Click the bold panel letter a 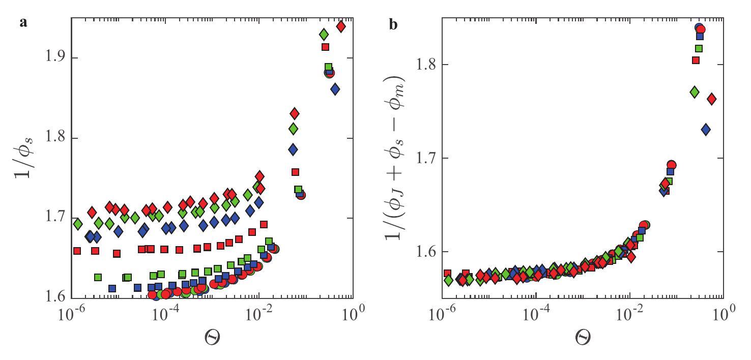pos(23,23)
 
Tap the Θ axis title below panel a pos(212,337)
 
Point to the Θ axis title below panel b pos(583,337)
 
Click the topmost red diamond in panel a pos(341,26)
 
